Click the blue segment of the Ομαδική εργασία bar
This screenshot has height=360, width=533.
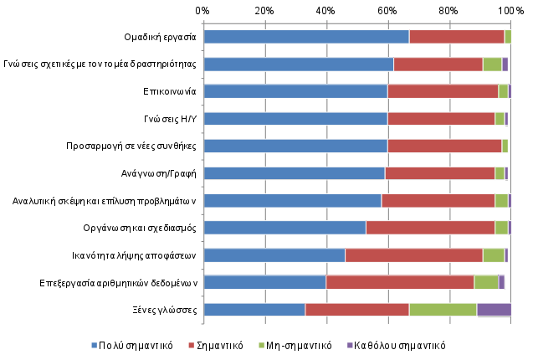305,37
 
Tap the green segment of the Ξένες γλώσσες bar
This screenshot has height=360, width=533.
443,310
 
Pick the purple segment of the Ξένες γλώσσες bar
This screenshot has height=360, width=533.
494,310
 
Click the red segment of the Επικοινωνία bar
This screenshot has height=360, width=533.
443,91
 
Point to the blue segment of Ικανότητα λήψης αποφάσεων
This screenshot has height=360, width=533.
274,255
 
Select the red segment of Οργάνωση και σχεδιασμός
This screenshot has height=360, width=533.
430,228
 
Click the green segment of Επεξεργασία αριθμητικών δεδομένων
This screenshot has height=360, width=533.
486,282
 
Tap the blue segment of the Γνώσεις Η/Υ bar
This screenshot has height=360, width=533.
295,119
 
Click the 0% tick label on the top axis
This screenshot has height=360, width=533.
203,10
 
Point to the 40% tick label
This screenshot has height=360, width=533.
325,10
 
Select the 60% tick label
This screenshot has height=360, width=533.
387,10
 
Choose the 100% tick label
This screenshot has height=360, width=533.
509,10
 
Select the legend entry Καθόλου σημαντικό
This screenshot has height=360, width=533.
400,345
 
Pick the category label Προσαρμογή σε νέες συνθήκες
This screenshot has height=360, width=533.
131,147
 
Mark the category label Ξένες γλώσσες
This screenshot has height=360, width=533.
170,310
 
